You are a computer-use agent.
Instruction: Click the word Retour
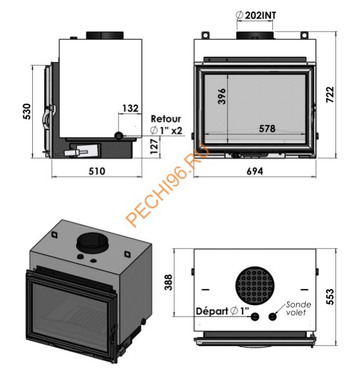point(166,119)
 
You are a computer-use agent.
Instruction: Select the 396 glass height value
point(221,96)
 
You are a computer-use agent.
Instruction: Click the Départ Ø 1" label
point(220,312)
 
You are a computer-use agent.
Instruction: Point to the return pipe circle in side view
point(119,135)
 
